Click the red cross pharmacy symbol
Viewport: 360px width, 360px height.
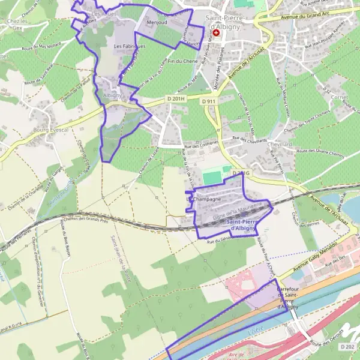click(217, 32)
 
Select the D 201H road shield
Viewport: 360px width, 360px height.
click(176, 98)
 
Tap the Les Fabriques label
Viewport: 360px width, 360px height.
click(130, 46)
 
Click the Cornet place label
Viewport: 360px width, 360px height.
click(340, 97)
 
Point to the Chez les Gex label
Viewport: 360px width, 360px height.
click(13, 24)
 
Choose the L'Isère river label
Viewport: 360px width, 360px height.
click(256, 331)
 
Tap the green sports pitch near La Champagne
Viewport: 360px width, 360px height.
click(211, 178)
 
